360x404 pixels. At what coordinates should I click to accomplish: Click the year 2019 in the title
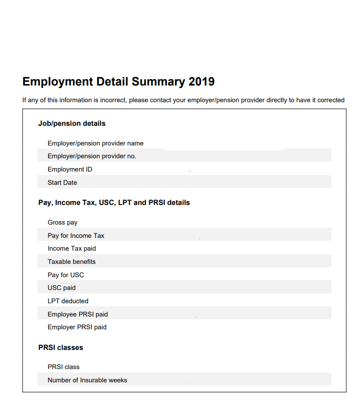[x=201, y=82]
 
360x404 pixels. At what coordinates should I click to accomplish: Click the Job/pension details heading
[x=72, y=123]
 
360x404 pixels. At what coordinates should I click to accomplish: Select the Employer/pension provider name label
[x=95, y=144]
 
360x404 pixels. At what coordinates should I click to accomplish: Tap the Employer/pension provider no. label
[x=92, y=156]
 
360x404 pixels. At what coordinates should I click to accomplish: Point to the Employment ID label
[x=70, y=170]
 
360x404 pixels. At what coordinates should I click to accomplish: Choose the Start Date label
[x=62, y=183]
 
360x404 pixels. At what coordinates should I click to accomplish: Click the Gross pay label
[x=62, y=223]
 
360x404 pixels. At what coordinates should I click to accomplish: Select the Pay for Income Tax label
[x=76, y=236]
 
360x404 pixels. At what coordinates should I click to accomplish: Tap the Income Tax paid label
[x=72, y=249]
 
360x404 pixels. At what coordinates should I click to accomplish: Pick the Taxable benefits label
[x=72, y=262]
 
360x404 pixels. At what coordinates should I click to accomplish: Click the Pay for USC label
[x=66, y=275]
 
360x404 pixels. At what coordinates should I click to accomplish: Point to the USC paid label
[x=61, y=288]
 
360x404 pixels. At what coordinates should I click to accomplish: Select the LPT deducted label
[x=68, y=301]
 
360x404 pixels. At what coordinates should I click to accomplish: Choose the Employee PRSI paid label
[x=78, y=315]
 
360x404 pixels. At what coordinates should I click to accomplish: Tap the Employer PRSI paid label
[x=77, y=327]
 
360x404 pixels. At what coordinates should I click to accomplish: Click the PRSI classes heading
[x=61, y=347]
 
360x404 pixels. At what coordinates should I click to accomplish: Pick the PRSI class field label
[x=63, y=367]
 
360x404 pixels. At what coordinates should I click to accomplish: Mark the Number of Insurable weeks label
[x=87, y=380]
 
